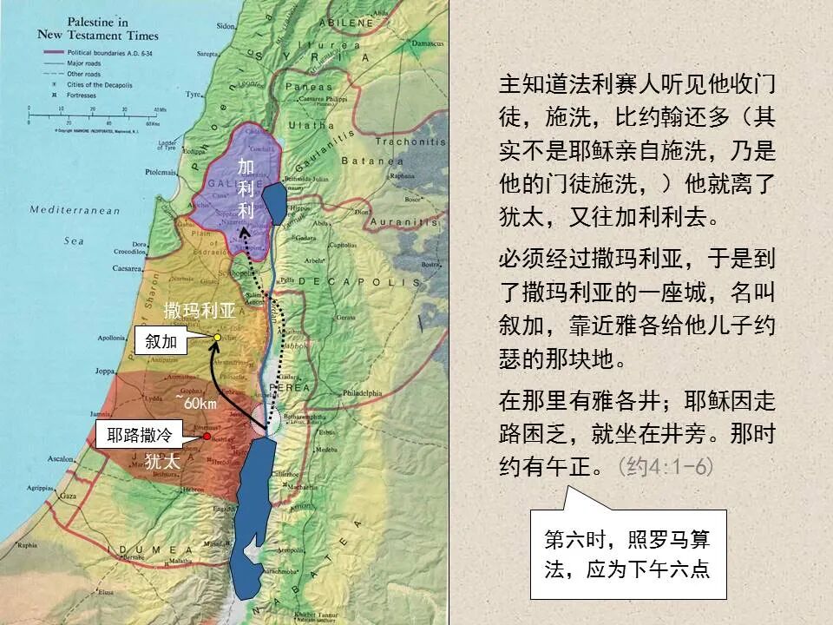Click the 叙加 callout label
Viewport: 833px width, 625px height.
pos(161,341)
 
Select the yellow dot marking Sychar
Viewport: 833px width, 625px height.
pos(217,337)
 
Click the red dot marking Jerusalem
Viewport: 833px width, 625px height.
pos(207,437)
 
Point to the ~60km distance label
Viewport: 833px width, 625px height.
pos(196,402)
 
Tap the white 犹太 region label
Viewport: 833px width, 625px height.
pos(162,462)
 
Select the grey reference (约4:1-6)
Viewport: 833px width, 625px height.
pos(666,467)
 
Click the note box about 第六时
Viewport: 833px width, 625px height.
pos(627,555)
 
